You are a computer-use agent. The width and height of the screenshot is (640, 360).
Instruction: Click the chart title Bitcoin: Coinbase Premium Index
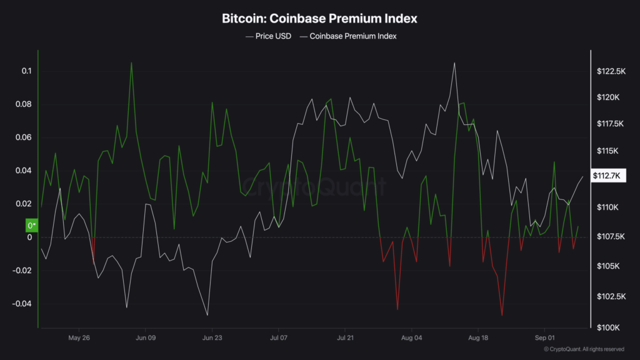(x=319, y=19)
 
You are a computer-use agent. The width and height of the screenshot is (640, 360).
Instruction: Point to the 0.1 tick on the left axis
(x=26, y=71)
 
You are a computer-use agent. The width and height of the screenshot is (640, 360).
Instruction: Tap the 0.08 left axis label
(x=24, y=104)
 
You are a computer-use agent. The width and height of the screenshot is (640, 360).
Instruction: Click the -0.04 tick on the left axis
(x=22, y=304)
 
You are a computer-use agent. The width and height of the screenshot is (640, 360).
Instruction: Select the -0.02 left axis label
(x=22, y=271)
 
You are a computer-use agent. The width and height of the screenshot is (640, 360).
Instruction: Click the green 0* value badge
(x=31, y=225)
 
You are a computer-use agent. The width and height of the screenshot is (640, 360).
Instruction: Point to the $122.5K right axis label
(x=611, y=72)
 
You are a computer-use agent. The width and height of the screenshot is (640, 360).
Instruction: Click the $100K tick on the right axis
(x=607, y=327)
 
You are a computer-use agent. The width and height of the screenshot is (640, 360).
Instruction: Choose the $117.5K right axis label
(x=611, y=124)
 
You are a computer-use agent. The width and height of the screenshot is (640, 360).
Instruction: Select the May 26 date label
(x=79, y=338)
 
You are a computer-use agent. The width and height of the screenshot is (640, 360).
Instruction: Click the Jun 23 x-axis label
(x=212, y=338)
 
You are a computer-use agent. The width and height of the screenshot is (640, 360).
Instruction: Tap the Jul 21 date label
(x=345, y=338)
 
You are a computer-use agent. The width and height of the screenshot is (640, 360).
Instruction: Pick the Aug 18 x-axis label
(x=477, y=338)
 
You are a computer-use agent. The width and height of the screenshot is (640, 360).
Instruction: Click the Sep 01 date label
(x=544, y=338)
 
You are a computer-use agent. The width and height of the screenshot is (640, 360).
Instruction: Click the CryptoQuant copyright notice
(x=584, y=349)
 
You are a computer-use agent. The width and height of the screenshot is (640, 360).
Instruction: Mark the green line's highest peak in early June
(x=131, y=62)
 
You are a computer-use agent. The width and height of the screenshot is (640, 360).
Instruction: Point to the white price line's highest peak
(x=454, y=62)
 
